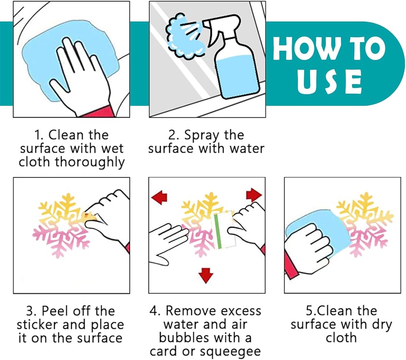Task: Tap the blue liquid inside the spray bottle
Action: (x=238, y=78)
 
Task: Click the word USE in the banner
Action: (x=329, y=82)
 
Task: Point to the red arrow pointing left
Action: (x=159, y=197)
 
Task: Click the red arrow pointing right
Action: (x=254, y=195)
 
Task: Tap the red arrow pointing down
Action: (x=206, y=276)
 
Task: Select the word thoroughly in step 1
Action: (x=90, y=162)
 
